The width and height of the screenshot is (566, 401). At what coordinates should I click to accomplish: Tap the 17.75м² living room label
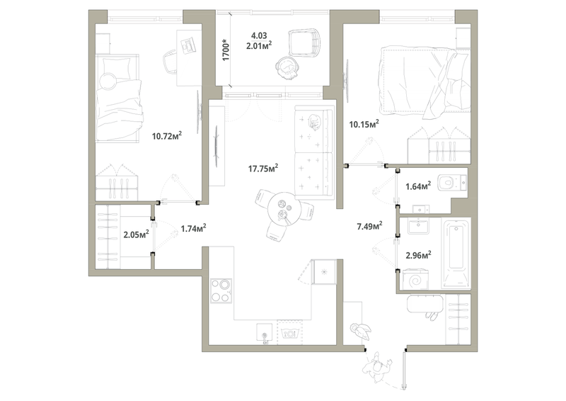(262, 168)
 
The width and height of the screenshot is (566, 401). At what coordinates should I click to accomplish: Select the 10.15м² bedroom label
(364, 125)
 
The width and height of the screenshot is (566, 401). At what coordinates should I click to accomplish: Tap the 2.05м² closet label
(135, 235)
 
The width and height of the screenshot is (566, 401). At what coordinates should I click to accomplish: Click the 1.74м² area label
(192, 228)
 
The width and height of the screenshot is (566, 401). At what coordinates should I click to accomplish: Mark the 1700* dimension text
(226, 50)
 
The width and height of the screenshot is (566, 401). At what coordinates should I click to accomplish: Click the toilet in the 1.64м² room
(451, 183)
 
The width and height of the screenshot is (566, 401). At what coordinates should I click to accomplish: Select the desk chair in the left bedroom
(170, 62)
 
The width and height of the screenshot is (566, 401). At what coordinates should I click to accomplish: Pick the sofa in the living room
(313, 153)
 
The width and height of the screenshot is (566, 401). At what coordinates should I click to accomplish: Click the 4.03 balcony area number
(259, 34)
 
